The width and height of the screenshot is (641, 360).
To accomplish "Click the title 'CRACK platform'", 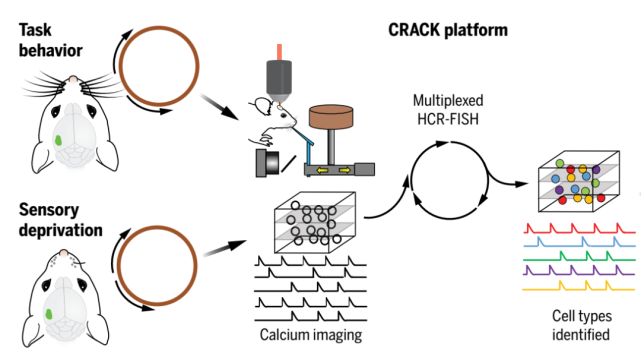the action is pos(448,31).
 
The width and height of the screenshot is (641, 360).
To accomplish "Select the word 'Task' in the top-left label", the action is pos(35,30).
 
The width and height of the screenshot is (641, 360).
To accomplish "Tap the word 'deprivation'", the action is pos(61,230).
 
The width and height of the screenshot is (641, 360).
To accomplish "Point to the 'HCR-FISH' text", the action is pos(448,119).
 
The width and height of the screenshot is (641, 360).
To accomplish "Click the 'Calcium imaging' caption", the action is pos(311,335).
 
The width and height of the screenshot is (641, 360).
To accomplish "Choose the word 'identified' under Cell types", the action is pos(581,334).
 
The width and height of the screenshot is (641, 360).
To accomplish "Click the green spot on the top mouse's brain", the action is pos(58,141).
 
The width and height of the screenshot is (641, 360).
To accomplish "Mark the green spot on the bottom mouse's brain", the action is pos(49,314).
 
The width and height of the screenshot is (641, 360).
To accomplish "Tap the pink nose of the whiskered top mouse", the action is pos(73,79).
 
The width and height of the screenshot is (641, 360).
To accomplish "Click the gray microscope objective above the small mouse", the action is pos(279,80).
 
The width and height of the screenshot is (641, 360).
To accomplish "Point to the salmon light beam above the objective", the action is pos(279,52).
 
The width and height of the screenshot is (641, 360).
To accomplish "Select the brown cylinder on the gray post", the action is pos(331,117).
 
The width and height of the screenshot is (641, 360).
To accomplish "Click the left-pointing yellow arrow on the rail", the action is pos(323,170).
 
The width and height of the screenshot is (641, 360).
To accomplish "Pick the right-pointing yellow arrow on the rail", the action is pos(345,170).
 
